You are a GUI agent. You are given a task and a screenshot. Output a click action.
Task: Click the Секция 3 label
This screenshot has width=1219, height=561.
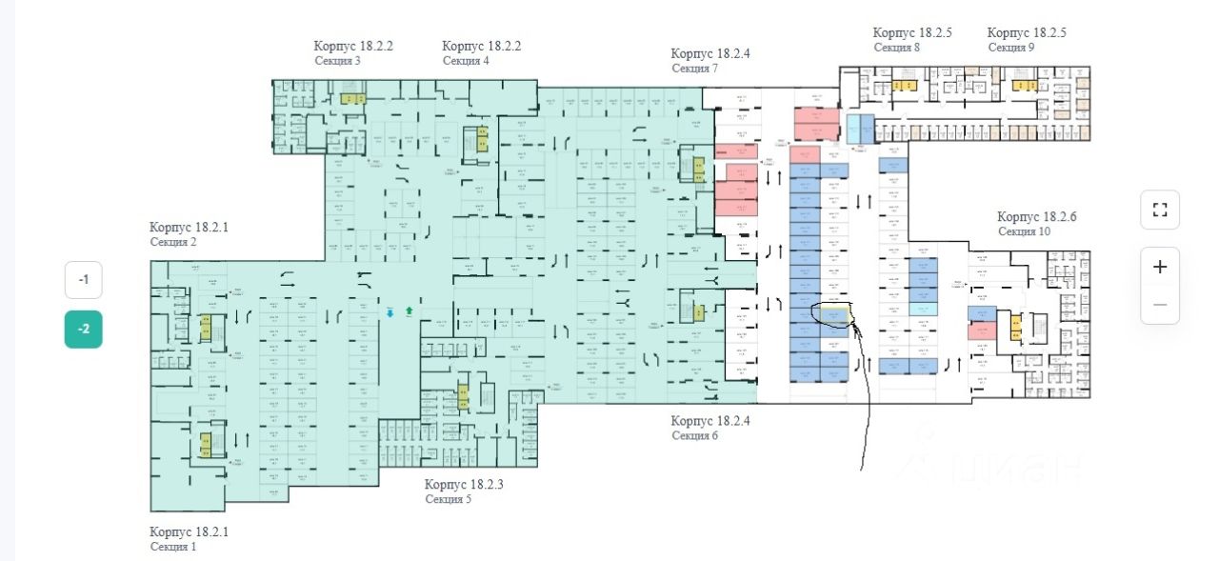point(337,61)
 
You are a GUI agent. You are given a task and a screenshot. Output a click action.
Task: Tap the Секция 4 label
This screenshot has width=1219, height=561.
point(466,61)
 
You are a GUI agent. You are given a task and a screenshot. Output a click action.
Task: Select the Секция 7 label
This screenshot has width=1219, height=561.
point(694,69)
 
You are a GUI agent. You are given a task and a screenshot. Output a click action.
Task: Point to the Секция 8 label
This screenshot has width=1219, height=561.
point(896,47)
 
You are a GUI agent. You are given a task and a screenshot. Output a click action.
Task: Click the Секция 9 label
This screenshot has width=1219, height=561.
point(1010,47)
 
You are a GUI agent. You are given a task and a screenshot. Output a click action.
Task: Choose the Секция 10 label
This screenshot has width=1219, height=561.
point(1025,231)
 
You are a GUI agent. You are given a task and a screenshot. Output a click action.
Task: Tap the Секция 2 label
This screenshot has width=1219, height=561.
point(173,242)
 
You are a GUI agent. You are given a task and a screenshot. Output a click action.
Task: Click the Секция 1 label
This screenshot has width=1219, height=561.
point(173,547)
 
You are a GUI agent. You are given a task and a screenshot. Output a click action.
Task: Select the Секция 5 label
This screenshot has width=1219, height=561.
point(449,499)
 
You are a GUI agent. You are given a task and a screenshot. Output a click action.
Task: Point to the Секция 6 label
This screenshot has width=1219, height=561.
point(694,436)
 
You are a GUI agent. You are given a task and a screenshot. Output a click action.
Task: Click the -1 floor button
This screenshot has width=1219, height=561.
point(84,280)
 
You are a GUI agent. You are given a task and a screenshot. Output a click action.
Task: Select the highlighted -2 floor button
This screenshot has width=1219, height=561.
point(84,330)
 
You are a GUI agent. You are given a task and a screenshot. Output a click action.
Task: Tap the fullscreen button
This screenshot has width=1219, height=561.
point(1159,210)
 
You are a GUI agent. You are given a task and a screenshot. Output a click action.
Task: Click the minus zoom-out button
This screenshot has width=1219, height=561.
point(1159,305)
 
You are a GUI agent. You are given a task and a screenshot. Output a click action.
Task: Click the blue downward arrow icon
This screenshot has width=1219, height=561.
point(390,311)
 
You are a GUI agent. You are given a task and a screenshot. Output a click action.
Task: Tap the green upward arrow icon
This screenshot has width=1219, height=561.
point(410,311)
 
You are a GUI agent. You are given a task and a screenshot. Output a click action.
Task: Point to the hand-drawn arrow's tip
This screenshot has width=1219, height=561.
point(852,327)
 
